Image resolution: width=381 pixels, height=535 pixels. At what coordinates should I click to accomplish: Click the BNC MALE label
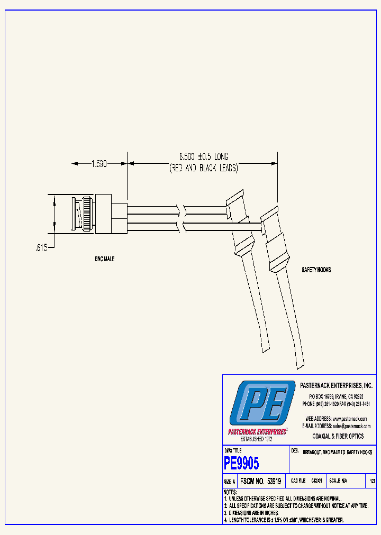point(104,259)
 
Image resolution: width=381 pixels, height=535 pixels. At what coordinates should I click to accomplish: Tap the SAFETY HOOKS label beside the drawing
point(316,270)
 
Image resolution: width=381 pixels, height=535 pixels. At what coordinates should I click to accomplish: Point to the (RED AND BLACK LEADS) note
point(204,169)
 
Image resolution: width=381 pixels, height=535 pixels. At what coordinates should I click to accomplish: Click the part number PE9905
point(242,464)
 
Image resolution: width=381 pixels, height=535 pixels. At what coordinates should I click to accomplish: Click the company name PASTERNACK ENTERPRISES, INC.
point(337,386)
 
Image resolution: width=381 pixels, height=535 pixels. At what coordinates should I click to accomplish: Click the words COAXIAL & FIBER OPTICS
point(338,437)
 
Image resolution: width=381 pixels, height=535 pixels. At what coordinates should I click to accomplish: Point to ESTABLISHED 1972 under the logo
point(256,439)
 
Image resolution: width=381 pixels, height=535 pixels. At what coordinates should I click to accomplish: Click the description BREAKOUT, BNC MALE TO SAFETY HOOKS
point(337,453)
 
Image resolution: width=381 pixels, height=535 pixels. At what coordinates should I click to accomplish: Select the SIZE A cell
point(230,482)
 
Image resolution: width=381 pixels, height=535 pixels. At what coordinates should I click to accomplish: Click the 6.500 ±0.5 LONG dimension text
point(204,157)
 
